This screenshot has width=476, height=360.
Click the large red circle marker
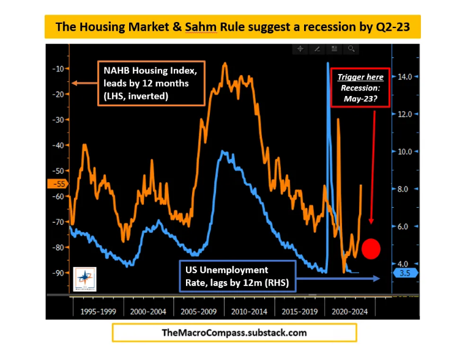pyautogui.click(x=371, y=248)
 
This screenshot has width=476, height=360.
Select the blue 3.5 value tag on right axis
pyautogui.click(x=404, y=273)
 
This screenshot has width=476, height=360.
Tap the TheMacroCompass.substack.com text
pyautogui.click(x=234, y=333)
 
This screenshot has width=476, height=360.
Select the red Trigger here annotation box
pyautogui.click(x=360, y=87)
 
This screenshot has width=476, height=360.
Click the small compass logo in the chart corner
pyautogui.click(x=84, y=279)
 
